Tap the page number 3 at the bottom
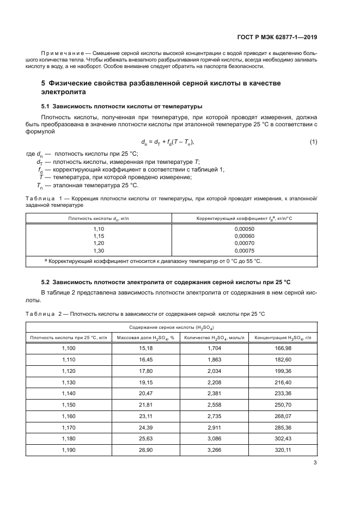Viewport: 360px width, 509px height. pyautogui.click(x=315, y=463)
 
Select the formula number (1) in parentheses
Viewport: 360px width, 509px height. pyautogui.click(x=313, y=142)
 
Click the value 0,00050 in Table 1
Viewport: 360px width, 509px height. pyautogui.click(x=244, y=229)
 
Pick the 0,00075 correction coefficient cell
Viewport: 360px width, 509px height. pyautogui.click(x=244, y=250)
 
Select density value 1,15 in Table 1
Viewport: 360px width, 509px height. pyautogui.click(x=99, y=236)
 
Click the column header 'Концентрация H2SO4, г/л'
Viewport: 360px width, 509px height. pyautogui.click(x=283, y=338)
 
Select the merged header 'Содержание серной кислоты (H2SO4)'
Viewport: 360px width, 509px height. pyautogui.click(x=171, y=327)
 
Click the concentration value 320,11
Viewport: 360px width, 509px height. pyautogui.click(x=283, y=451)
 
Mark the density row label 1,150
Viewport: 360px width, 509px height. pyautogui.click(x=71, y=405)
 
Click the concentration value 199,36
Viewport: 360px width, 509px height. pyautogui.click(x=283, y=370)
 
